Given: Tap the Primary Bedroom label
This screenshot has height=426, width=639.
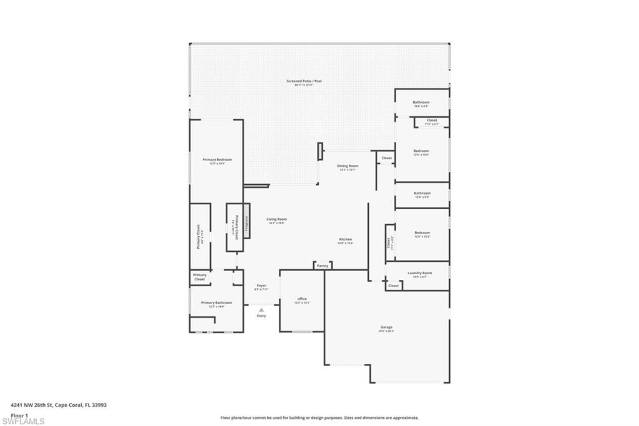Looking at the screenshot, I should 217,160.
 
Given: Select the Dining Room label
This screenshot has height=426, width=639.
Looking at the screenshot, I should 348,166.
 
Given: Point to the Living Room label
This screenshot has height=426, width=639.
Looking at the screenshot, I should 276,219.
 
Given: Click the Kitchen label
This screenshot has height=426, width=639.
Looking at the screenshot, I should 345,240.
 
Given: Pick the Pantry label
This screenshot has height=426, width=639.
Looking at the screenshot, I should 322,266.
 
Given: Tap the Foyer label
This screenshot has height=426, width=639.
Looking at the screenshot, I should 261,285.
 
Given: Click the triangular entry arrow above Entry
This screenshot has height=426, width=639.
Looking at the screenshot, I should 261,309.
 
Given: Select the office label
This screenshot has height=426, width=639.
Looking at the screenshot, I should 302,299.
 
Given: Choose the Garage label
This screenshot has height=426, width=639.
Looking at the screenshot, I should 387,327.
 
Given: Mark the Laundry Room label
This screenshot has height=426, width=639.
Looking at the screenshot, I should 419,273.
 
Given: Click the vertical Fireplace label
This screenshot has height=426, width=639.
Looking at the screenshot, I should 246,222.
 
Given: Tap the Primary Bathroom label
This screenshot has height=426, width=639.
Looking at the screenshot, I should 217,303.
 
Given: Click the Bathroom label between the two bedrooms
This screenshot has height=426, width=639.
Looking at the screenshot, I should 422,194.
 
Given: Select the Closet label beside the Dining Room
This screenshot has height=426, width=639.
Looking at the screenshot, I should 387,158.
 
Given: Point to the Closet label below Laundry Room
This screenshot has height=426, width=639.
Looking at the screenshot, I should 393,285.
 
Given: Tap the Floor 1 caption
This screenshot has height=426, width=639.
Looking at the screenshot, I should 19,415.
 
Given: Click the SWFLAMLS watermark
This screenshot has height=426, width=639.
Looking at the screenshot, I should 23,421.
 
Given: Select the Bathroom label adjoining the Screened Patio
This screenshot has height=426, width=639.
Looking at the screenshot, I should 421,102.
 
